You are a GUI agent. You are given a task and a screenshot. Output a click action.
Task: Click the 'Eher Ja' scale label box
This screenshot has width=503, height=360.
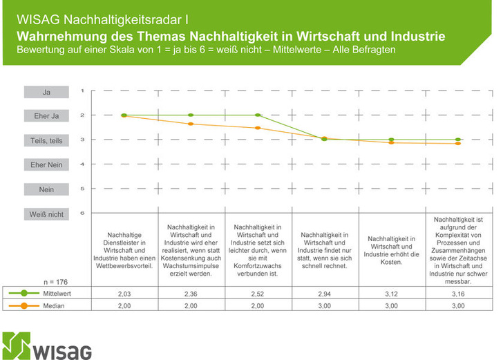[46, 116]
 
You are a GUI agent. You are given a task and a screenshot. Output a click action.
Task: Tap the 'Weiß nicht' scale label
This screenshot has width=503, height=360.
[46, 214]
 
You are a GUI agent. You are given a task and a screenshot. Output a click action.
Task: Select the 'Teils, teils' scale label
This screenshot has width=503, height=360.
[46, 140]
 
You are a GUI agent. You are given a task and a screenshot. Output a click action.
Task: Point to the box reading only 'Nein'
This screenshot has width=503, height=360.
[46, 189]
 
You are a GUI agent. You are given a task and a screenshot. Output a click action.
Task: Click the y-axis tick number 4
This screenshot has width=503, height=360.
[82, 164]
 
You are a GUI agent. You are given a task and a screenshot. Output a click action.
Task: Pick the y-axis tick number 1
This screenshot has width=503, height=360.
[82, 91]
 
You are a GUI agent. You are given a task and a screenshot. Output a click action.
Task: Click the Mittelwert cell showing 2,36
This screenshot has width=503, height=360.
[191, 294]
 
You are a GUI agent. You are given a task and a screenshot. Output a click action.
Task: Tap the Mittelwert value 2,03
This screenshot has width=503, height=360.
[124, 294]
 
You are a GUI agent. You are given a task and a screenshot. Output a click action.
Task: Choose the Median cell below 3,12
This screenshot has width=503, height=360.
[392, 305]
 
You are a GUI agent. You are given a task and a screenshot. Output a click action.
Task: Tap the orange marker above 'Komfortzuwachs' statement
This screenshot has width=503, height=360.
[258, 128]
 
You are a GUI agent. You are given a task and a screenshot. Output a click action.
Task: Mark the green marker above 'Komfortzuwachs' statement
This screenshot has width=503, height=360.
[258, 115]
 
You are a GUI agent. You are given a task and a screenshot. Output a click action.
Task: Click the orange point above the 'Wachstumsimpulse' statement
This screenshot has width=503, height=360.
[191, 124]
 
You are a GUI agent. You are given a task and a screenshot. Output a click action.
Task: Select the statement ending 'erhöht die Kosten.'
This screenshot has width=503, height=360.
[392, 247]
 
